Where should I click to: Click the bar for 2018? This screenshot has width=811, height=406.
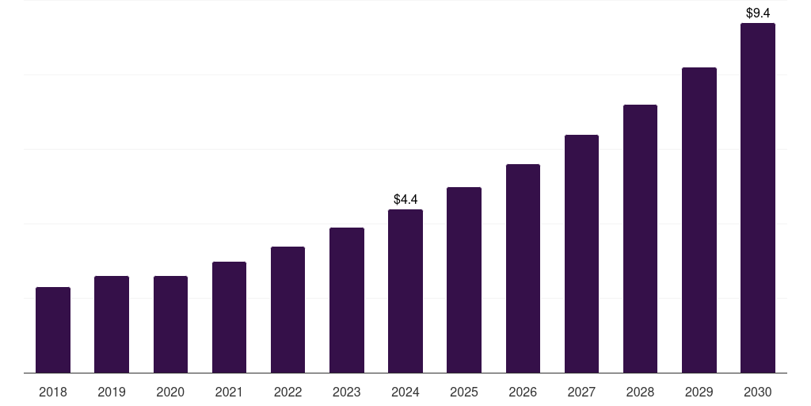click(x=53, y=330)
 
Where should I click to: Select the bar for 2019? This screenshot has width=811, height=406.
click(x=112, y=324)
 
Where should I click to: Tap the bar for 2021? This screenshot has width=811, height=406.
click(x=229, y=317)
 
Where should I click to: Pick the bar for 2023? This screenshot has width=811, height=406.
click(x=347, y=300)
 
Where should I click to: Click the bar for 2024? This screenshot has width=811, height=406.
click(x=405, y=291)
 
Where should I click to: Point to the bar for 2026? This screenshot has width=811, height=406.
click(x=523, y=268)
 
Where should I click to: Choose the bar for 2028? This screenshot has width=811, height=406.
click(x=640, y=239)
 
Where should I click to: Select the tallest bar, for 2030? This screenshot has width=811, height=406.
click(x=757, y=198)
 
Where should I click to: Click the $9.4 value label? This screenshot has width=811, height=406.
click(x=758, y=13)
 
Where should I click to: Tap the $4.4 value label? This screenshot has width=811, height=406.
click(x=405, y=199)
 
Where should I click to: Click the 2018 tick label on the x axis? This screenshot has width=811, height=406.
click(x=53, y=392)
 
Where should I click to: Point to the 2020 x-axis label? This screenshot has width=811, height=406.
click(x=170, y=392)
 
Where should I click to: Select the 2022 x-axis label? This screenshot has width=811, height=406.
click(x=287, y=392)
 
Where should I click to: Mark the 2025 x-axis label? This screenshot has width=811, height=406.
click(x=464, y=392)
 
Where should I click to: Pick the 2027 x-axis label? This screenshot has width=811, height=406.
click(x=581, y=392)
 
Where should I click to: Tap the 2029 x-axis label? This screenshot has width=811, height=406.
click(x=699, y=392)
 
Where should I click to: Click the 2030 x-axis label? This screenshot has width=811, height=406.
click(x=757, y=392)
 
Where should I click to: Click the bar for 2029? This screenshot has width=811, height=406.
click(x=699, y=220)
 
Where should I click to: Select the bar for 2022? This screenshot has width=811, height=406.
click(x=287, y=309)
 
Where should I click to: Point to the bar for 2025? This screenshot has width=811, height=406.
click(x=464, y=280)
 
